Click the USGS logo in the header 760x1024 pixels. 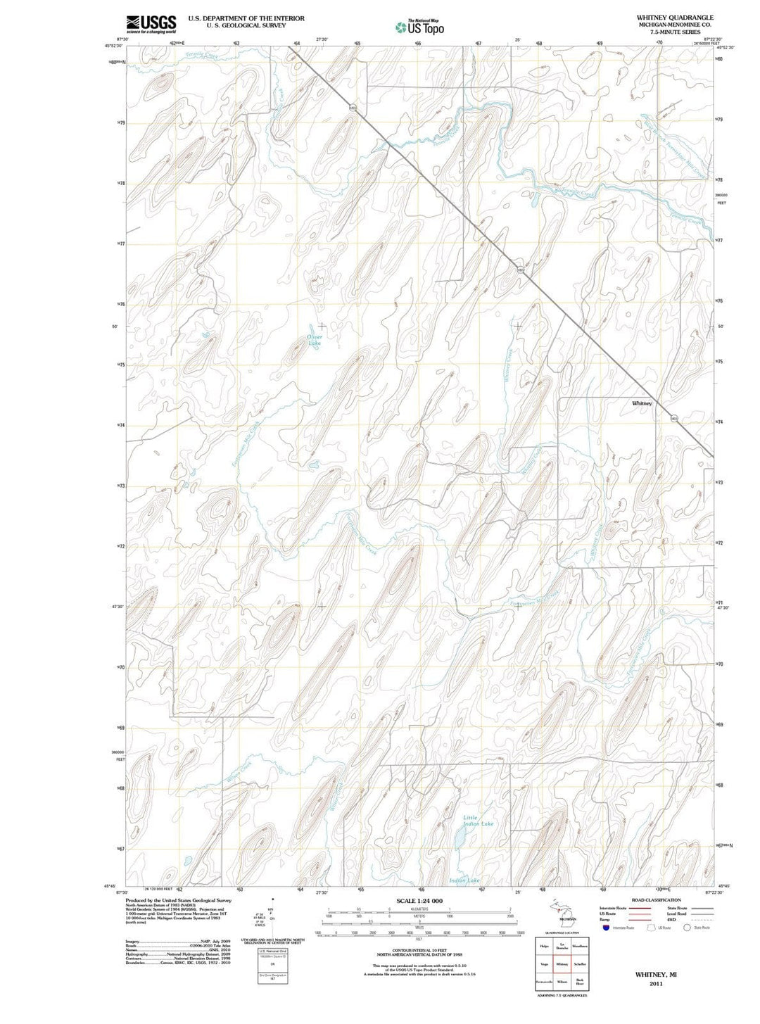pos(151,24)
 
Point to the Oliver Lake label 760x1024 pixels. pos(315,341)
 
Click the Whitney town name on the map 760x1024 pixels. pos(642,403)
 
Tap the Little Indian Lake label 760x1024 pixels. pos(479,821)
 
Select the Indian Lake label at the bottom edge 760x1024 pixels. pos(464,880)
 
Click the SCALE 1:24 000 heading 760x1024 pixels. pos(419,901)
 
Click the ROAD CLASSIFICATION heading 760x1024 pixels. pos(657,900)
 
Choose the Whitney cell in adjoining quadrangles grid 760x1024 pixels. pos(562,964)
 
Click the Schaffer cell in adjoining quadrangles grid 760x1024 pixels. pos(579,964)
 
